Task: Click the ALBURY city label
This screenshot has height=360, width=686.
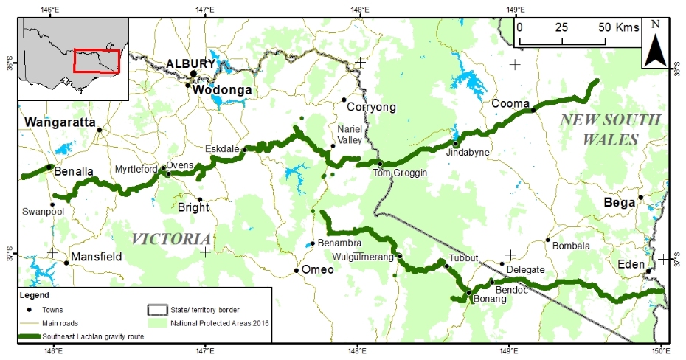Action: pyautogui.click(x=190, y=63)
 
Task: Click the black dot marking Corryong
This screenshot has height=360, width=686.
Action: pyautogui.click(x=344, y=100)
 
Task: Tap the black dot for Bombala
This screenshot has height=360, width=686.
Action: pyautogui.click(x=547, y=240)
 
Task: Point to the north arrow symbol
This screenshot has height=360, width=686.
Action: pyautogui.click(x=654, y=46)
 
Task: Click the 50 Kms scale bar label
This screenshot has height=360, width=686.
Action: pyautogui.click(x=617, y=27)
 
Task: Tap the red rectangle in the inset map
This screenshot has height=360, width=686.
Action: pyautogui.click(x=96, y=61)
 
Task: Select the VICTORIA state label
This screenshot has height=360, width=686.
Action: pyautogui.click(x=170, y=239)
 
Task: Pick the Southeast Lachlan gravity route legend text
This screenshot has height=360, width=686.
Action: pyautogui.click(x=92, y=336)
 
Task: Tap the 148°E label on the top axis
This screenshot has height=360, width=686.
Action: pyautogui.click(x=359, y=9)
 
